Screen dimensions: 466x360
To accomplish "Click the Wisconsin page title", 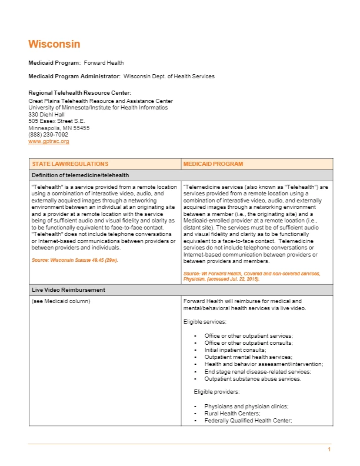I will point(54,44).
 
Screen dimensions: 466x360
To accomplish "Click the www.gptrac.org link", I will point(49,141).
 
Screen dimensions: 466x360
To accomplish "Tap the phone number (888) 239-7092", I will point(48,134).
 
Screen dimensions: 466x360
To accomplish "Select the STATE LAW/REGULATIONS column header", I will point(69,164).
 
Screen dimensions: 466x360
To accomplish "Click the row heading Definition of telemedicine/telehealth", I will point(80,175).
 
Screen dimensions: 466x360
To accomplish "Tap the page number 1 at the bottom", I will point(329,450).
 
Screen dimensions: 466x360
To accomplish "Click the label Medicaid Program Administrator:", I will point(74,76).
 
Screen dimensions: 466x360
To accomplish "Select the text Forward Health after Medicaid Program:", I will point(104,62).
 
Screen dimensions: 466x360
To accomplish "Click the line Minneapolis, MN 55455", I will point(59,128).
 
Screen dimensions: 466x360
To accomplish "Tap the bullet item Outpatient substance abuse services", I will point(252,378).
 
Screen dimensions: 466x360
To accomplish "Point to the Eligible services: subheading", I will point(205,322).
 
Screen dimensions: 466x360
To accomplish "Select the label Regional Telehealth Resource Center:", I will point(79,92).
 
